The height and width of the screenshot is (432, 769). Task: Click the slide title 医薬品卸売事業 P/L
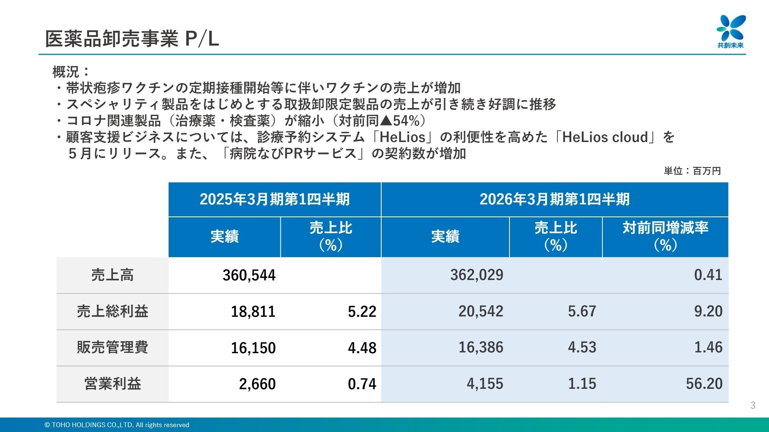(132, 39)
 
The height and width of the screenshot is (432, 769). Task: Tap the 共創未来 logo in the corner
(731, 31)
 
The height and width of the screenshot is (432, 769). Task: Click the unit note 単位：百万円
(692, 171)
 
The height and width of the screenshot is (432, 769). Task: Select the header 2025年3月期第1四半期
(274, 199)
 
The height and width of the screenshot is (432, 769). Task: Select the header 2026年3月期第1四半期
(554, 199)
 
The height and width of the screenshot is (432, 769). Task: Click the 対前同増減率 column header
(665, 236)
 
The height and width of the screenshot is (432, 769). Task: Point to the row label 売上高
(112, 275)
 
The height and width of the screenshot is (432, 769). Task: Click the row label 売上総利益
(112, 311)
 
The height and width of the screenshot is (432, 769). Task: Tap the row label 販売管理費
(112, 347)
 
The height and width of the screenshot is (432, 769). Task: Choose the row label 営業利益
(112, 384)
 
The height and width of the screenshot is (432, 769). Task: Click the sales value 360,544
(249, 275)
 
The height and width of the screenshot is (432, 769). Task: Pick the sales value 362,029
(477, 275)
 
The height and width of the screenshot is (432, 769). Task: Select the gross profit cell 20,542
(481, 311)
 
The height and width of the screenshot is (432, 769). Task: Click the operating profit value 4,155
(485, 384)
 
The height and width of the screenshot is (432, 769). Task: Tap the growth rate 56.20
(704, 384)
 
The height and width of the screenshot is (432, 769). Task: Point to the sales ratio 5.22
(362, 312)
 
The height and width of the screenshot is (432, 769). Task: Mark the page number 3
(753, 405)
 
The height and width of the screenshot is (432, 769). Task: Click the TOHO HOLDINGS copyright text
(117, 425)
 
